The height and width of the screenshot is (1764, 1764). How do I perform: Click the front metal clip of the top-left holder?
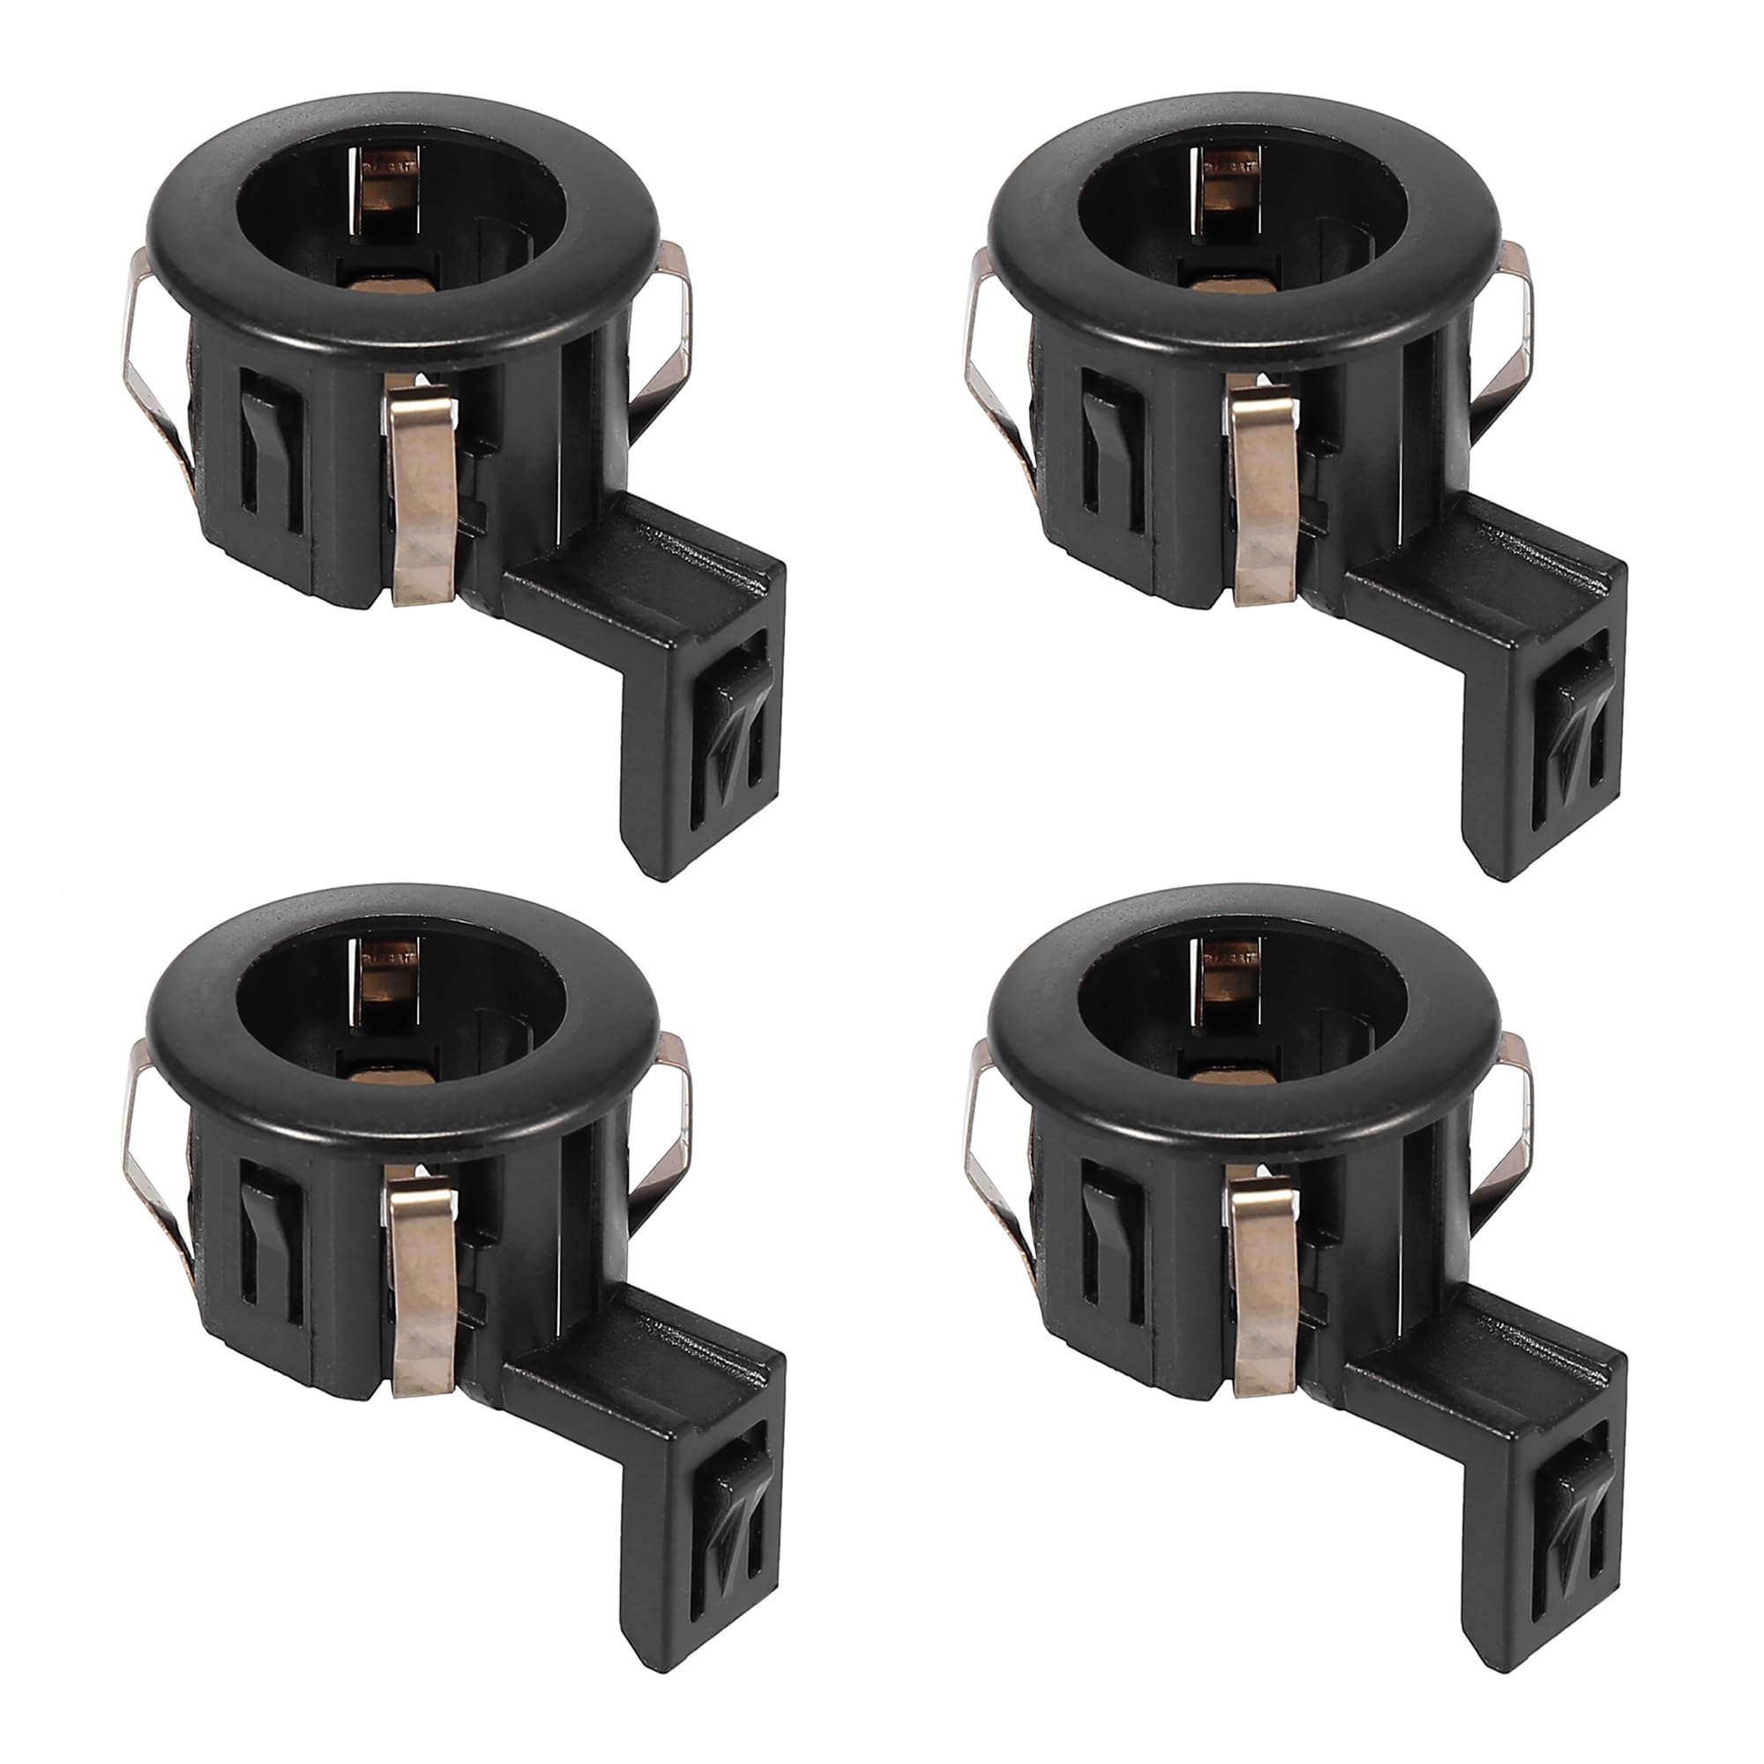tap(422, 497)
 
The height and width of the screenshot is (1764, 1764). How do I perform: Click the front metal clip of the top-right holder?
tap(1265, 497)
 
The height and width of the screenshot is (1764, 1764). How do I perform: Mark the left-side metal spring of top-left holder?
tap(151, 365)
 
